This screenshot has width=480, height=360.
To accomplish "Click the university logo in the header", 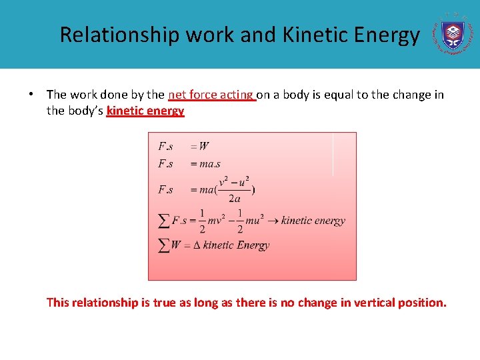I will pyautogui.click(x=455, y=33).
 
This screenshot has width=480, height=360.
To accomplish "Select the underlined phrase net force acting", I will pyautogui.click(x=212, y=95).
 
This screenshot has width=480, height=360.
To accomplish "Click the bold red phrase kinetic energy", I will pyautogui.click(x=145, y=111).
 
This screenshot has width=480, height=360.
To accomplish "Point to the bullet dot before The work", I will pyautogui.click(x=32, y=95).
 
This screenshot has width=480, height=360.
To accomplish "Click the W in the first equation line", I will pyautogui.click(x=203, y=147).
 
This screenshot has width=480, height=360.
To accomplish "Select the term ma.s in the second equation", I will pyautogui.click(x=210, y=164).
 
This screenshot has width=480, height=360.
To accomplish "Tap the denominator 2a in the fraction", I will pyautogui.click(x=234, y=199).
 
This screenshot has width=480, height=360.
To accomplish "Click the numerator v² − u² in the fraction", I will pyautogui.click(x=234, y=181).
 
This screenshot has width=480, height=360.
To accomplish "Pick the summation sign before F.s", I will pyautogui.click(x=163, y=220).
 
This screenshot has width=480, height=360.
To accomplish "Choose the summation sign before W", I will pyautogui.click(x=163, y=245).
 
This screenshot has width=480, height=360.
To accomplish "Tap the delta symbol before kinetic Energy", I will pyautogui.click(x=196, y=245).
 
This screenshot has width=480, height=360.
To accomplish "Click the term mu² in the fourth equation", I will pyautogui.click(x=255, y=221).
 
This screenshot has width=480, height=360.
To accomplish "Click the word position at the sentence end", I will pyautogui.click(x=421, y=303).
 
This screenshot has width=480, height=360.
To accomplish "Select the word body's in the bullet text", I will pyautogui.click(x=85, y=111).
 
